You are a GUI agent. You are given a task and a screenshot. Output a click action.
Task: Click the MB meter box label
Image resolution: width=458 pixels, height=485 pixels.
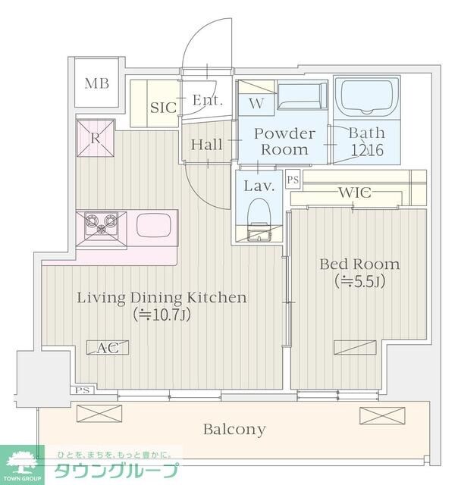click(97, 83)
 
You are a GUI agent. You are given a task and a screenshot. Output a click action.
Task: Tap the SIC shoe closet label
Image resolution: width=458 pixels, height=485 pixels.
click(163, 108)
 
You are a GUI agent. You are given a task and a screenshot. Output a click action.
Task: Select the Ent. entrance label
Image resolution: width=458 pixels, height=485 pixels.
click(208, 100)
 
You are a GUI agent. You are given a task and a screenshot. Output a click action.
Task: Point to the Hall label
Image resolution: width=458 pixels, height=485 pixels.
click(206, 145)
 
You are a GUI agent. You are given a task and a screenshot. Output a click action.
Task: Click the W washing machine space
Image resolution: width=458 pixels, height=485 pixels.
click(256, 104)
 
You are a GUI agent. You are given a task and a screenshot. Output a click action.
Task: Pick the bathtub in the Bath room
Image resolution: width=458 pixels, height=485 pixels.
click(366, 96)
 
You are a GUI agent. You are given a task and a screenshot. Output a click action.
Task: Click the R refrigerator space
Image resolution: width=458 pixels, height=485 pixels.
click(96, 138)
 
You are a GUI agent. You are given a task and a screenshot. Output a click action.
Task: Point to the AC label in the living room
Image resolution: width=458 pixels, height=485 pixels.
click(108, 348)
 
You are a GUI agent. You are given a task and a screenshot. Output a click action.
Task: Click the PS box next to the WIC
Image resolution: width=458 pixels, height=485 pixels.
click(293, 179)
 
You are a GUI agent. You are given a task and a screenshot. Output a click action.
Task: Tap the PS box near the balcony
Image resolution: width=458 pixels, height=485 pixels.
click(83, 390)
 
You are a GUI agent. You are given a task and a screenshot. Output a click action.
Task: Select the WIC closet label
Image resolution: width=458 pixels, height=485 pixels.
click(355, 192)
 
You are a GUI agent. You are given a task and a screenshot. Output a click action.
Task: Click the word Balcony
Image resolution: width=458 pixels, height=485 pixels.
click(234, 430)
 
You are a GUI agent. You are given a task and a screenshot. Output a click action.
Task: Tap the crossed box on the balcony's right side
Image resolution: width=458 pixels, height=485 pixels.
click(382, 415)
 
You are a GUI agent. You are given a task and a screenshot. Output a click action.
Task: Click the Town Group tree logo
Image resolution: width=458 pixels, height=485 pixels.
click(21, 463)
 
